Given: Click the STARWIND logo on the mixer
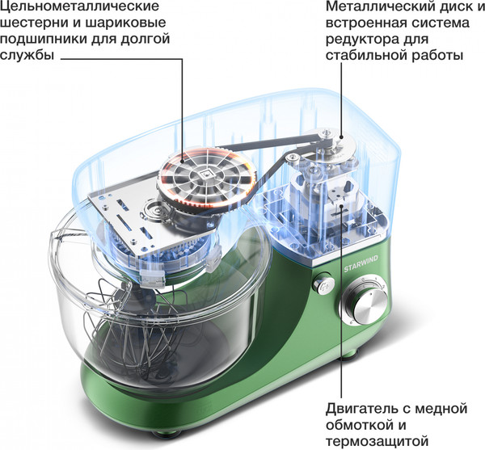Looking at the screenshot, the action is pyautogui.click(x=361, y=264).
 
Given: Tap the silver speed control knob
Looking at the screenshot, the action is pyautogui.click(x=369, y=305).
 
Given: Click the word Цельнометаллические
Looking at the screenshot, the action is pyautogui.click(x=79, y=6).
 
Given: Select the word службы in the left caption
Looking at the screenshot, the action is pyautogui.click(x=27, y=56).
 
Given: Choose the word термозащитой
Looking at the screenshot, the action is pyautogui.click(x=377, y=441).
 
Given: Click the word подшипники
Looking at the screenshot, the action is pyautogui.click(x=43, y=40).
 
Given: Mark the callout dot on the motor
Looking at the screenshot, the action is pyautogui.click(x=341, y=205).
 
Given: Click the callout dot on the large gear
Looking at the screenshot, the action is pyautogui.click(x=183, y=161).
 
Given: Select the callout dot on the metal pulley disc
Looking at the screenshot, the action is pyautogui.click(x=341, y=137).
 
